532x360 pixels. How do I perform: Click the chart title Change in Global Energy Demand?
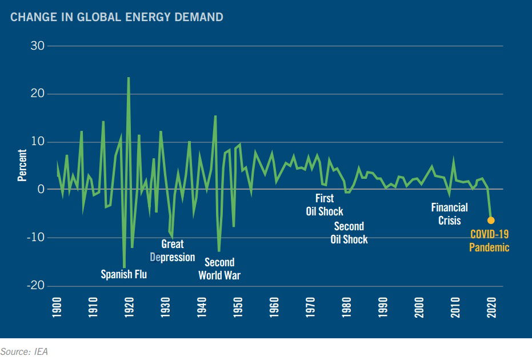(117, 17)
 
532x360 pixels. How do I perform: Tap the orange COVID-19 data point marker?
(490, 221)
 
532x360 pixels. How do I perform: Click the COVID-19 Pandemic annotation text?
(489, 241)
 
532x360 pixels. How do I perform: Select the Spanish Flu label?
(123, 274)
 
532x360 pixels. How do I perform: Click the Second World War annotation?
(219, 269)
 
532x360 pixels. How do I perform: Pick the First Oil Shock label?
(324, 205)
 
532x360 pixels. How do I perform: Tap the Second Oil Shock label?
(349, 233)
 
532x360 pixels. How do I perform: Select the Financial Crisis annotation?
(449, 214)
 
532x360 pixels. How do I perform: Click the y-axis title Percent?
(22, 165)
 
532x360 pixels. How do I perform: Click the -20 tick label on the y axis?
(36, 286)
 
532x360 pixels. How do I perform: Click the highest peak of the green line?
(128, 78)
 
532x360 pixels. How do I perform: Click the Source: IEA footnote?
(24, 351)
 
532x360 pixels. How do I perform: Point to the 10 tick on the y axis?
(38, 142)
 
